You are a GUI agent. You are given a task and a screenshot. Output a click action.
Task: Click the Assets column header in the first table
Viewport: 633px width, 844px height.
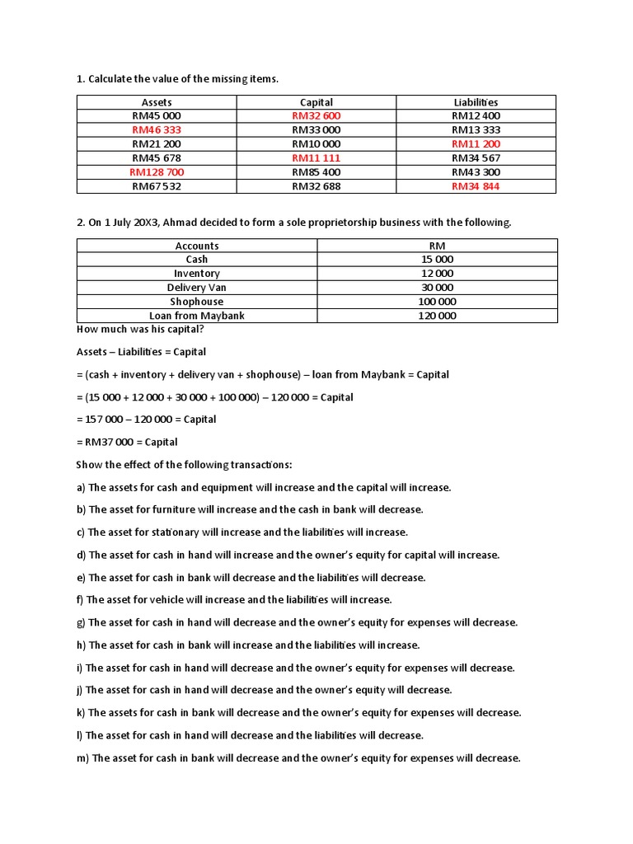pos(157,102)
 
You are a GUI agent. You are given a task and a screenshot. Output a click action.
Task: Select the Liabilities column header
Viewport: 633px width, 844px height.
pos(476,102)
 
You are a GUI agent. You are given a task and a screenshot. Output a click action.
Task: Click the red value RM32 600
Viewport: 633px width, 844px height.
pos(316,116)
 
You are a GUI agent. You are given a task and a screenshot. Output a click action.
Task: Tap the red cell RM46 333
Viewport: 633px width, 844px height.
pos(157,130)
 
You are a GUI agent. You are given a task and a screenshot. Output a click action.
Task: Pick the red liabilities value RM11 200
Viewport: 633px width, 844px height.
pos(476,144)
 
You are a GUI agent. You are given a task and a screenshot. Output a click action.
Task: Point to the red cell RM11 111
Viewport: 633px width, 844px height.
pos(316,158)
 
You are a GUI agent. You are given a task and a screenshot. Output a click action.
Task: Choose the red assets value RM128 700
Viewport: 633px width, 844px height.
pos(157,172)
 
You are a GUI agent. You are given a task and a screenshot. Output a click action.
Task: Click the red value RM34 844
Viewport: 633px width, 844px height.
pos(476,186)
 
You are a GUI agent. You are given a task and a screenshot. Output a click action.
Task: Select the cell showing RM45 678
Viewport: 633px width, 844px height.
pos(157,158)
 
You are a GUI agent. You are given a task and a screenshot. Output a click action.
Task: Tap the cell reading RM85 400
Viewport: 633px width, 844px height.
pos(316,172)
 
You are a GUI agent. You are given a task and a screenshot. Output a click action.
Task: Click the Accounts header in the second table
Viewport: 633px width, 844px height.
pos(197,246)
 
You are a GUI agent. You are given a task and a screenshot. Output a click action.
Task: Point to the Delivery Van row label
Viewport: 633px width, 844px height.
pos(197,288)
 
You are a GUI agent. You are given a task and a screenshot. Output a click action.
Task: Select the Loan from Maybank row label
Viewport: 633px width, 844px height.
pos(197,316)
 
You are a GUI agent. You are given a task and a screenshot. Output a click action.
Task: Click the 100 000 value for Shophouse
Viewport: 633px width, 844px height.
pos(437,302)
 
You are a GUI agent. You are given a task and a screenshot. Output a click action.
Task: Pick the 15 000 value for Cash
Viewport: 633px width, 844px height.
pos(437,260)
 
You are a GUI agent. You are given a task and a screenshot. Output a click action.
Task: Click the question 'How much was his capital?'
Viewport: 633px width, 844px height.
pos(140,330)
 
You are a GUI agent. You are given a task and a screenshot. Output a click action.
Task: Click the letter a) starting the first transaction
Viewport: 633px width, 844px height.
pos(81,487)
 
